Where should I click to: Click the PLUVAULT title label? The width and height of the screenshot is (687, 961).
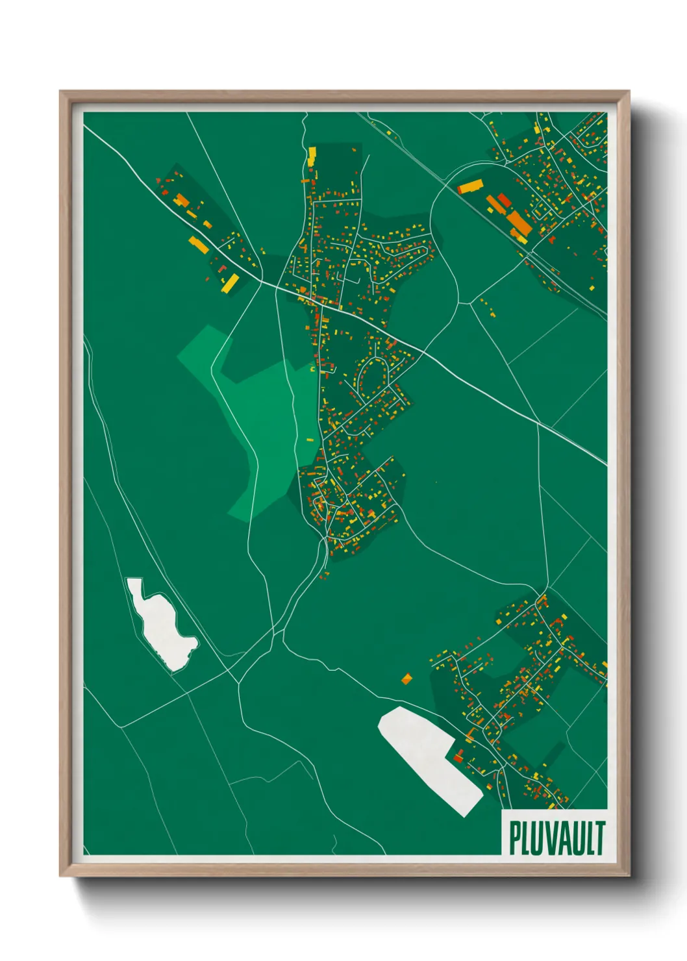556,838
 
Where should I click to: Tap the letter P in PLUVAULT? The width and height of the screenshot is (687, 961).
514,838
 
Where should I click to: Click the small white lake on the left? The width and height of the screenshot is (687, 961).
160,623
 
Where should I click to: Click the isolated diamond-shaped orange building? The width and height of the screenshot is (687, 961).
406,679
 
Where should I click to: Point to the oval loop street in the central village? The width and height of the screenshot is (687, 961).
372,377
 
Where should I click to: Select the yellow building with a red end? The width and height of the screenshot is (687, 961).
469,188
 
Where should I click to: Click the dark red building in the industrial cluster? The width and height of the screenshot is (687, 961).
504,199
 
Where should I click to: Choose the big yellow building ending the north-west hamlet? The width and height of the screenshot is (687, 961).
231,283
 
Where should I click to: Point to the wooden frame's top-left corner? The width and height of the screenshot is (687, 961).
61,92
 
